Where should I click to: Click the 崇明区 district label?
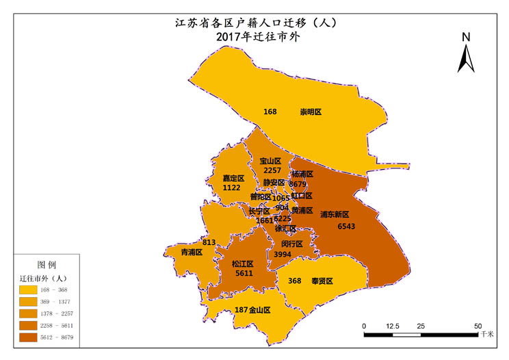(x=311, y=112)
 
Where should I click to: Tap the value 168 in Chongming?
(x=270, y=112)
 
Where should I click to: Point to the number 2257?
(x=272, y=170)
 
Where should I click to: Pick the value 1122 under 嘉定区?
(x=232, y=188)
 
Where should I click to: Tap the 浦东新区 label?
(x=335, y=214)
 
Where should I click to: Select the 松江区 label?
(x=243, y=263)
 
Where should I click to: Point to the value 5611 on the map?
(x=244, y=273)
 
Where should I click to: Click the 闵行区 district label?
(x=291, y=244)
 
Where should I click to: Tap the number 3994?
(x=283, y=254)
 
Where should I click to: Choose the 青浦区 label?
(x=191, y=253)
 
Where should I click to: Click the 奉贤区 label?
(x=322, y=281)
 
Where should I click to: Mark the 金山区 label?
(x=259, y=310)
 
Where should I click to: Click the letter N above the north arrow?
(x=465, y=37)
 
